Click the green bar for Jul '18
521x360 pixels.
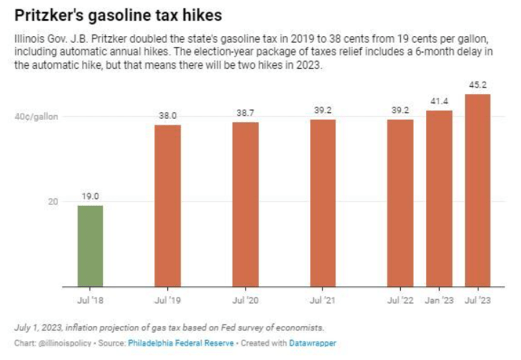[90, 246]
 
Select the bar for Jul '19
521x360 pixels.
[167, 206]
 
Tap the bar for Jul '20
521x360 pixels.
[245, 204]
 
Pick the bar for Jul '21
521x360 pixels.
[323, 203]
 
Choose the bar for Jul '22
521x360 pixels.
[400, 203]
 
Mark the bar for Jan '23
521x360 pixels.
[439, 198]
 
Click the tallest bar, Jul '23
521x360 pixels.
[477, 190]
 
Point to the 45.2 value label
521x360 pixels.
[477, 85]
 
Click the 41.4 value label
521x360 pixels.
[439, 101]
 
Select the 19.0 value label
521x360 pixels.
[90, 196]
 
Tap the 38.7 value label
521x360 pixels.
[245, 113]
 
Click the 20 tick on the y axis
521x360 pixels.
[52, 202]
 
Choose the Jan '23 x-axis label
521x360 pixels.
[439, 301]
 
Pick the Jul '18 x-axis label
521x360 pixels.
[90, 301]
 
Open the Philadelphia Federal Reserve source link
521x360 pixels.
[181, 343]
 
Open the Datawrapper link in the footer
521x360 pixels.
[313, 343]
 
